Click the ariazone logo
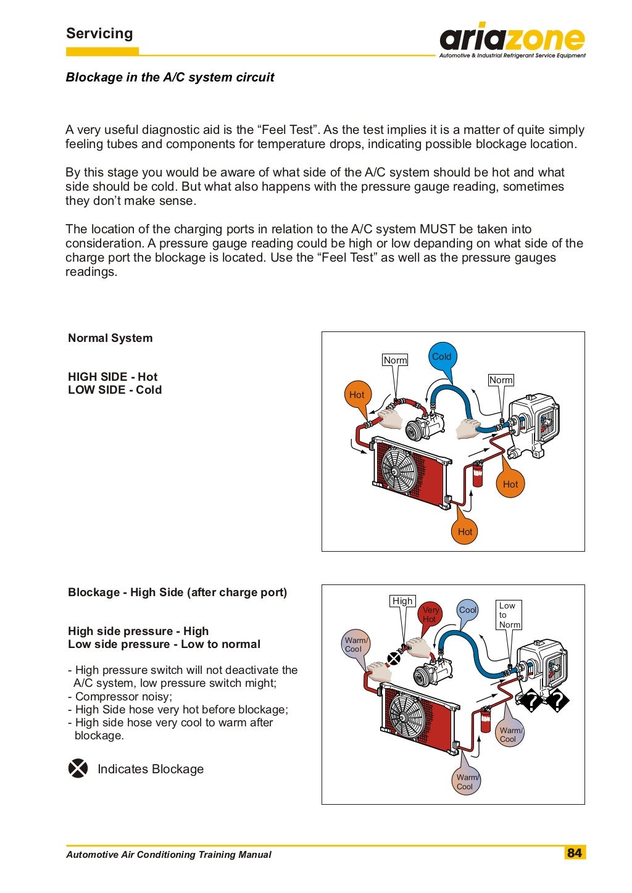pyautogui.click(x=512, y=41)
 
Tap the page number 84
pyautogui.click(x=574, y=852)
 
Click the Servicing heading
pyautogui.click(x=99, y=33)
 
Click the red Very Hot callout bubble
pyautogui.click(x=430, y=614)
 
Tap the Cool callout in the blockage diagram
pyautogui.click(x=468, y=610)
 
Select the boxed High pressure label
pyautogui.click(x=402, y=600)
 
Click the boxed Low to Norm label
pyautogui.click(x=509, y=615)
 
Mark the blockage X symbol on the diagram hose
pyautogui.click(x=393, y=658)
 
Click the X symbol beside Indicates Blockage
pyautogui.click(x=78, y=768)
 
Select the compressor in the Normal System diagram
pyautogui.click(x=423, y=426)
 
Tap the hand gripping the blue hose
pyautogui.click(x=468, y=428)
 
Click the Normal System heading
pyautogui.click(x=110, y=338)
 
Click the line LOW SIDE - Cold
pyautogui.click(x=115, y=390)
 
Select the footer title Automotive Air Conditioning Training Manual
pyautogui.click(x=168, y=855)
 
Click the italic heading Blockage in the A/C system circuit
pyautogui.click(x=170, y=77)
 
